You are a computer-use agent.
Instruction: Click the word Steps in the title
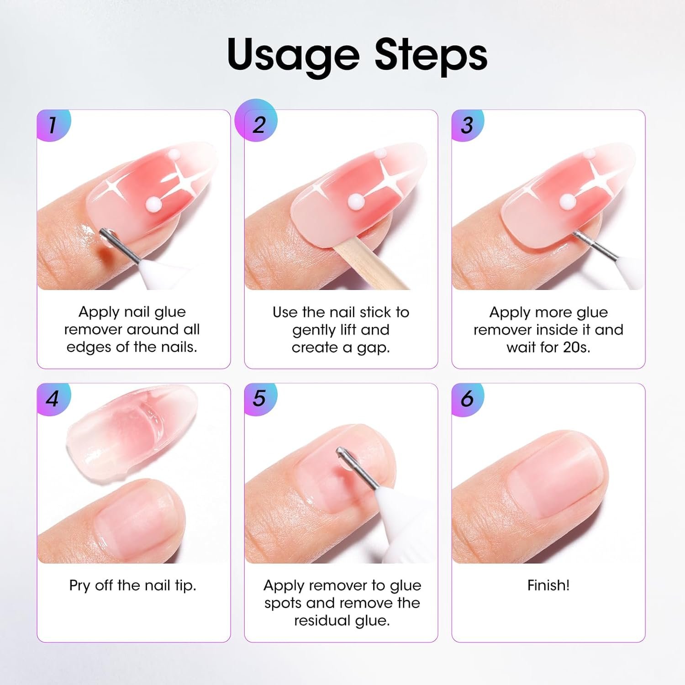point(431,55)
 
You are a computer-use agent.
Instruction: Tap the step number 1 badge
point(54,125)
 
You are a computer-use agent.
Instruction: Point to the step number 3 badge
point(468,125)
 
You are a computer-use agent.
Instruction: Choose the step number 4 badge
point(54,399)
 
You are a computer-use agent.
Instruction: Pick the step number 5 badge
point(260,399)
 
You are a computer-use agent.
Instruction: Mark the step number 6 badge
point(468,399)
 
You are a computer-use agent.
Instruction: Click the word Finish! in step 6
point(548,585)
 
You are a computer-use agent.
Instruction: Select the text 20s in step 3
point(576,348)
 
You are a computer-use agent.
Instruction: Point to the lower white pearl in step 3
point(567,200)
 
